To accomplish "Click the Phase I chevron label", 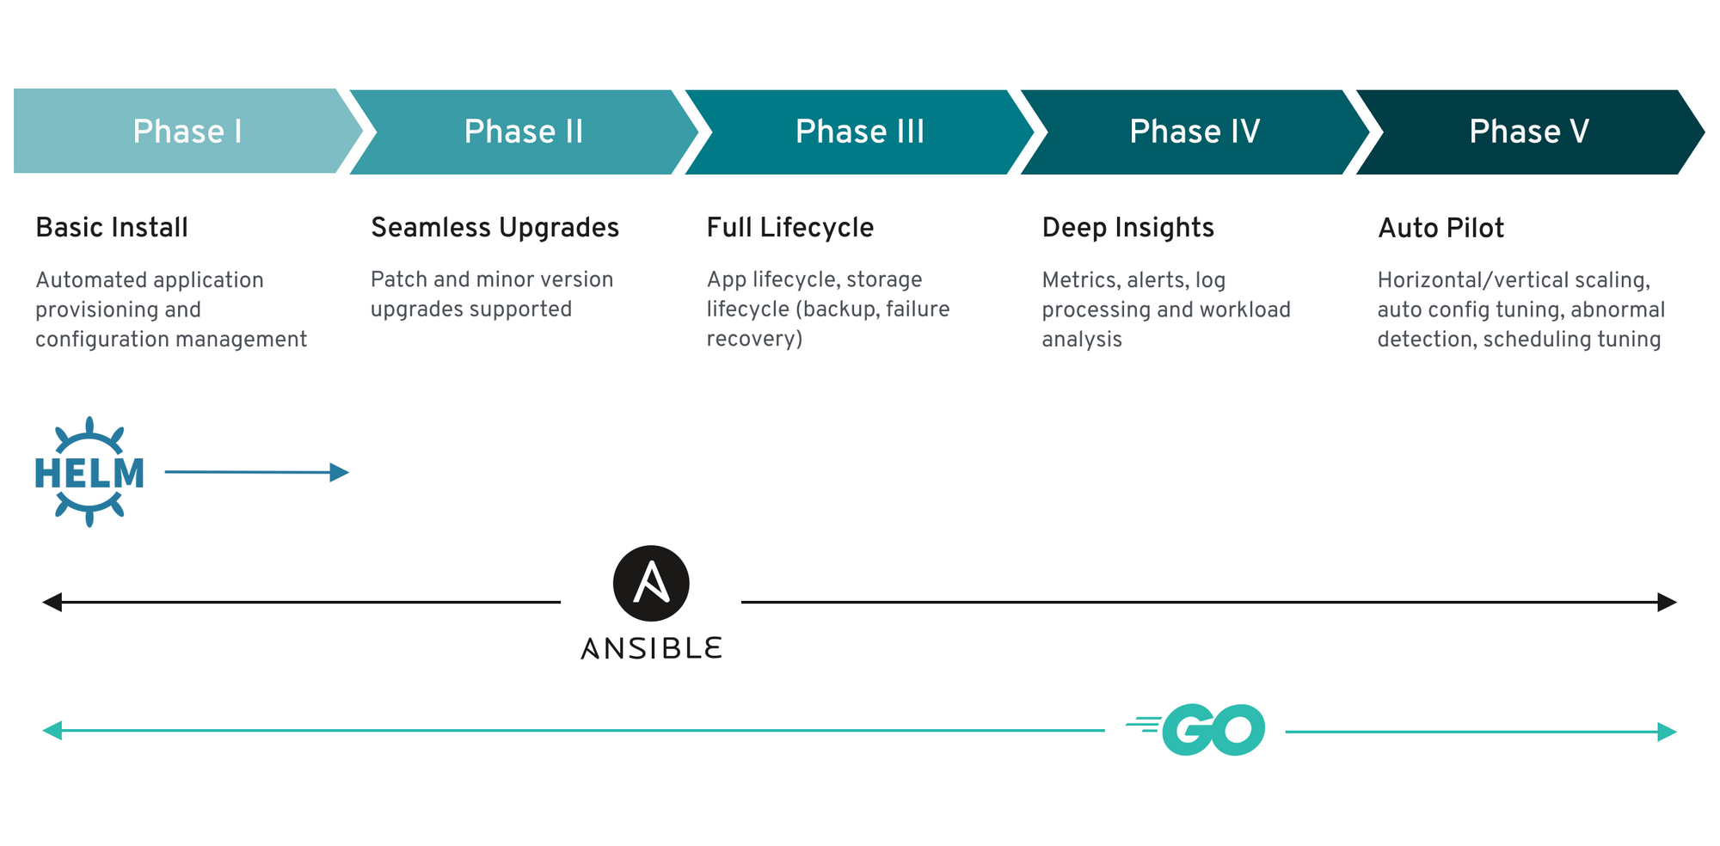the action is click(x=187, y=132).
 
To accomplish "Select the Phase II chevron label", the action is click(x=524, y=132).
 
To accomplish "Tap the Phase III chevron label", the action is click(x=860, y=132).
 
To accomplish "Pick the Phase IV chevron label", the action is click(x=1195, y=132).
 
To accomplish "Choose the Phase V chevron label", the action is click(x=1529, y=132).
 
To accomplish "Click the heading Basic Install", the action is click(x=112, y=228).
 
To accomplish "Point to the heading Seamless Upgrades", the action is click(x=494, y=228).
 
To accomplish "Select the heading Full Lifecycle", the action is click(x=790, y=228).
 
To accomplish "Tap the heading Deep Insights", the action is click(x=1127, y=228).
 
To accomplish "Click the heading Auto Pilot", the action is click(x=1440, y=228).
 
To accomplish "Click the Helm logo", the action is click(x=89, y=472).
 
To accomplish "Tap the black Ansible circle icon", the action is click(x=651, y=583).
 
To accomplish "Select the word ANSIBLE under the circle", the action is click(x=651, y=648).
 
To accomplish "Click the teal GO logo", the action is click(x=1195, y=730).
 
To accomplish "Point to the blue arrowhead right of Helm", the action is click(x=340, y=472).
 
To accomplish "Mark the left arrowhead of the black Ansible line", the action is click(x=52, y=602).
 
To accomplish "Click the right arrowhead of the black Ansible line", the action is click(x=1668, y=602).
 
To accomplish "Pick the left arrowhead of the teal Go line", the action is click(x=52, y=731).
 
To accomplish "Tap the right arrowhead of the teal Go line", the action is click(x=1668, y=732).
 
